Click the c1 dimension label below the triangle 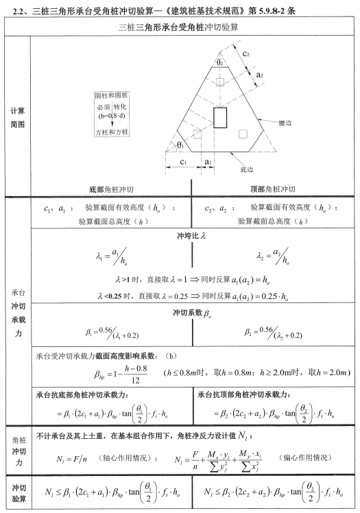(183, 161)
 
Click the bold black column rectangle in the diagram (220, 117)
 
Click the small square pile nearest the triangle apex (220, 82)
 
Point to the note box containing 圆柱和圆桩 (113, 113)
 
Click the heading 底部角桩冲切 (112, 187)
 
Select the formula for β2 (272, 333)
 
